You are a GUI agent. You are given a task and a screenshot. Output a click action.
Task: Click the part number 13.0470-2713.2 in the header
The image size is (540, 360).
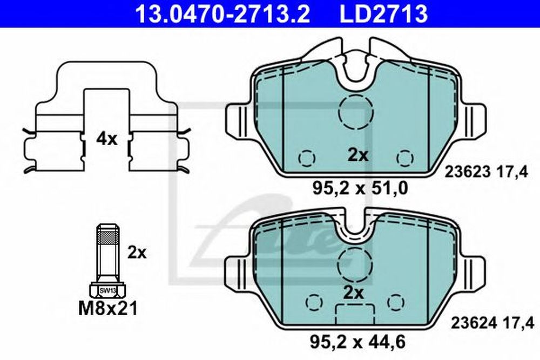(223, 14)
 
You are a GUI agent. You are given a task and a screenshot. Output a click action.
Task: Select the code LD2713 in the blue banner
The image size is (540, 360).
(384, 14)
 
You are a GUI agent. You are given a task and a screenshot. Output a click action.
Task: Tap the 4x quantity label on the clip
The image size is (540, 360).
(106, 139)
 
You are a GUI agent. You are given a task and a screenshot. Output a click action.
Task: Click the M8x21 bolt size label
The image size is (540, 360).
(108, 308)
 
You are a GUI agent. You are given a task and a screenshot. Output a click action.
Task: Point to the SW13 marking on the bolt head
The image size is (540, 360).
(108, 291)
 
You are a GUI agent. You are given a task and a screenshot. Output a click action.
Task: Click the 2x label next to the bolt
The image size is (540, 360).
(137, 253)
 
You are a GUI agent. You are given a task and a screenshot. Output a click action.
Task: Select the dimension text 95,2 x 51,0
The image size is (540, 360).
(360, 188)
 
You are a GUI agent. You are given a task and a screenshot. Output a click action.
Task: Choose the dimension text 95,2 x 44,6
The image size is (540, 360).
(358, 342)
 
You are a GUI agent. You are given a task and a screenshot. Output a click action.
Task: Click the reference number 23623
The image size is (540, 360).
(467, 172)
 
